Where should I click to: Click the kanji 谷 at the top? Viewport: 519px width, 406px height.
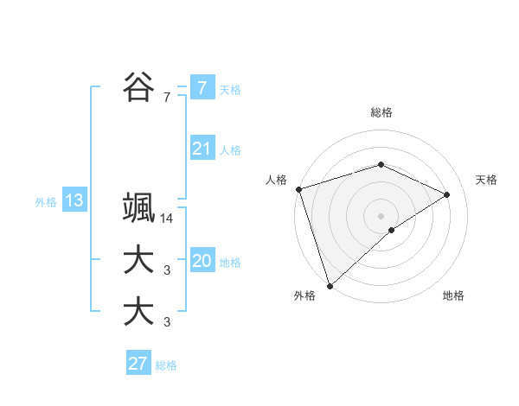pyautogui.click(x=138, y=86)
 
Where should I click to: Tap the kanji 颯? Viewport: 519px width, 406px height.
pyautogui.click(x=138, y=210)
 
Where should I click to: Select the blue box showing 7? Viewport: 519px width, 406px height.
pyautogui.click(x=202, y=87)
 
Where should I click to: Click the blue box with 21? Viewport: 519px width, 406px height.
pyautogui.click(x=202, y=149)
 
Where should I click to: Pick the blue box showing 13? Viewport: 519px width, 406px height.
pyautogui.click(x=74, y=201)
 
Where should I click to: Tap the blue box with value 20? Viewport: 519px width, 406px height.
pyautogui.click(x=202, y=261)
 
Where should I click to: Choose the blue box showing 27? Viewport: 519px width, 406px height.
pyautogui.click(x=138, y=364)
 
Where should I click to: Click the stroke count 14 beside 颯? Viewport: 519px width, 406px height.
pyautogui.click(x=167, y=219)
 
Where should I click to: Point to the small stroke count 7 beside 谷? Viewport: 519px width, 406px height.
pyautogui.click(x=167, y=98)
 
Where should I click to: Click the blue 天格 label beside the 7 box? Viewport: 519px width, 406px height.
pyautogui.click(x=230, y=89)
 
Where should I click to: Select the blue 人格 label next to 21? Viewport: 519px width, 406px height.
pyautogui.click(x=230, y=150)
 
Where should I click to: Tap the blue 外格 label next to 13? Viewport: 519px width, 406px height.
pyautogui.click(x=46, y=202)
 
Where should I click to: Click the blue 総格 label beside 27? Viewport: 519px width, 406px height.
pyautogui.click(x=166, y=365)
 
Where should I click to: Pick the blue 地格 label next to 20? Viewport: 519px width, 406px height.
pyautogui.click(x=230, y=263)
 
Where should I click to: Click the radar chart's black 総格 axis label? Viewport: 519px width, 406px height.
pyautogui.click(x=381, y=112)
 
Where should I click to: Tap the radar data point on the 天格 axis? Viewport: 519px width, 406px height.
pyautogui.click(x=447, y=194)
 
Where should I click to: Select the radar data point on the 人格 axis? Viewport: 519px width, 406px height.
pyautogui.click(x=298, y=189)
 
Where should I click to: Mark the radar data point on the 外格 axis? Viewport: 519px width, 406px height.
pyautogui.click(x=330, y=285)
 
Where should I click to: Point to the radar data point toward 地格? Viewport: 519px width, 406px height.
pyautogui.click(x=392, y=230)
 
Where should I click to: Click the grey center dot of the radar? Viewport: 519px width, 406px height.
pyautogui.click(x=381, y=215)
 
